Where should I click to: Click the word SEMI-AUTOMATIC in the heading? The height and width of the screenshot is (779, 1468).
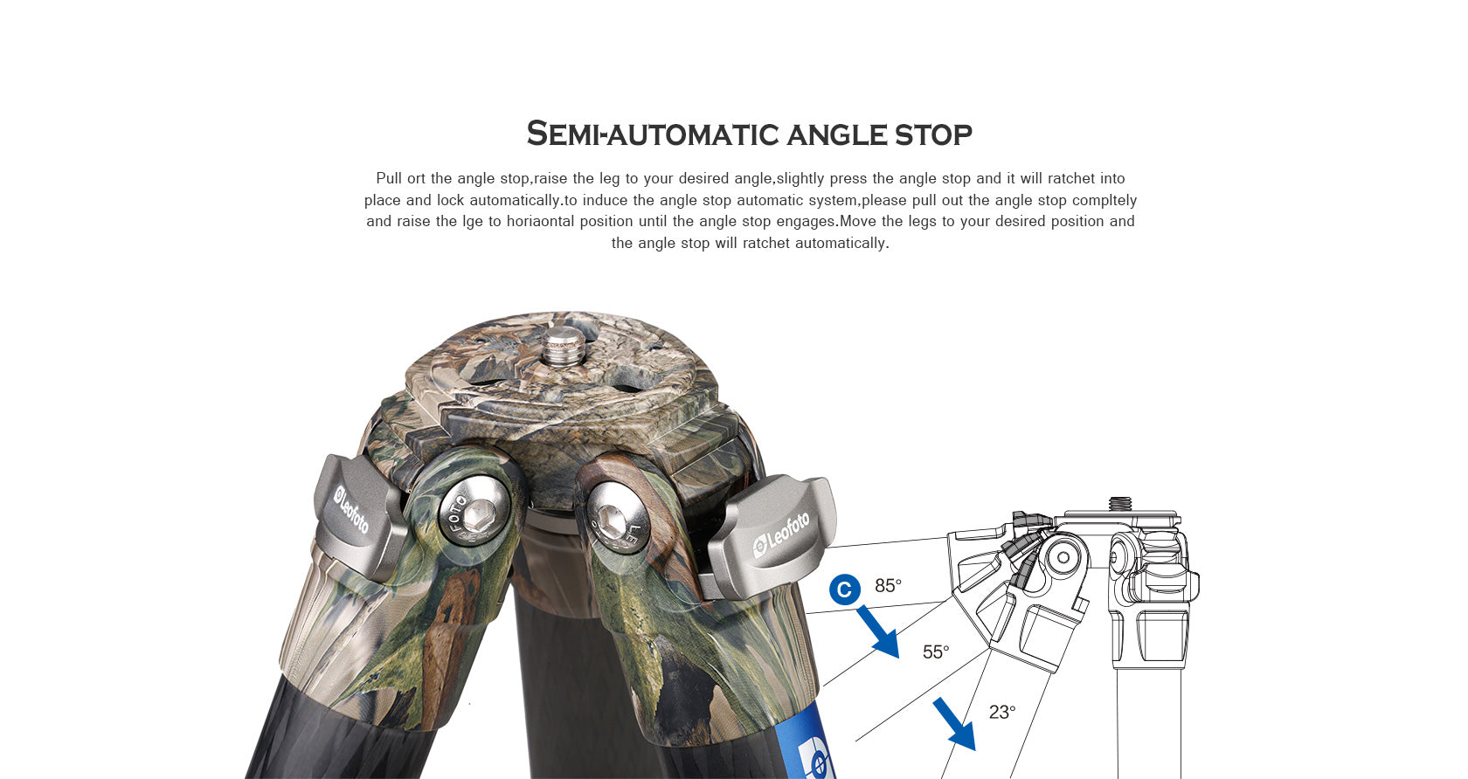[x=652, y=134]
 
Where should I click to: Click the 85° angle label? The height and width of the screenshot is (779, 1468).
[x=888, y=585]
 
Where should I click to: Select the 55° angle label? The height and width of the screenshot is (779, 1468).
[x=936, y=651]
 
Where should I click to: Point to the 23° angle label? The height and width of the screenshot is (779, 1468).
[x=1002, y=712]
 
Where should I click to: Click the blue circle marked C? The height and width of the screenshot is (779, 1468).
[x=844, y=590]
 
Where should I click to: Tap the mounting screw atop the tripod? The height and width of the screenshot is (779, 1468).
[x=559, y=343]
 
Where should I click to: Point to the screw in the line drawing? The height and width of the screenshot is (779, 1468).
[x=1119, y=504]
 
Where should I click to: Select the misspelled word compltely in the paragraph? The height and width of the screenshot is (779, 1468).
[x=1104, y=200]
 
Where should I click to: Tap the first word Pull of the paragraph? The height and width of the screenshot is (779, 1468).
[x=389, y=178]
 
